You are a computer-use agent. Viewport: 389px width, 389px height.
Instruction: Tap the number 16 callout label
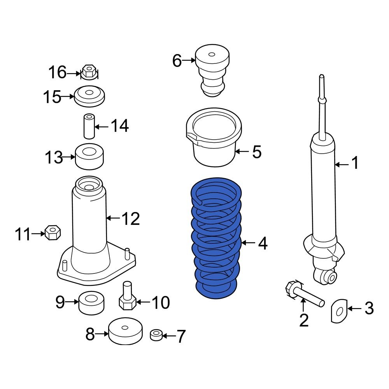click(58, 72)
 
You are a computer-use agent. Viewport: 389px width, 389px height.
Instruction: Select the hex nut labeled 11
click(53, 233)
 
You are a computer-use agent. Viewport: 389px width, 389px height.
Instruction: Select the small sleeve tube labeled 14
click(89, 126)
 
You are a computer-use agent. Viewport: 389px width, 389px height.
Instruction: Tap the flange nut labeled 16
click(89, 72)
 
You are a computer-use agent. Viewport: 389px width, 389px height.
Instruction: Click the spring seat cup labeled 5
click(214, 140)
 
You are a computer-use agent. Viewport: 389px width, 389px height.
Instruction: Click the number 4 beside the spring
click(263, 244)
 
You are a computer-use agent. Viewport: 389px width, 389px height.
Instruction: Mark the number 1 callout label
click(355, 163)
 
